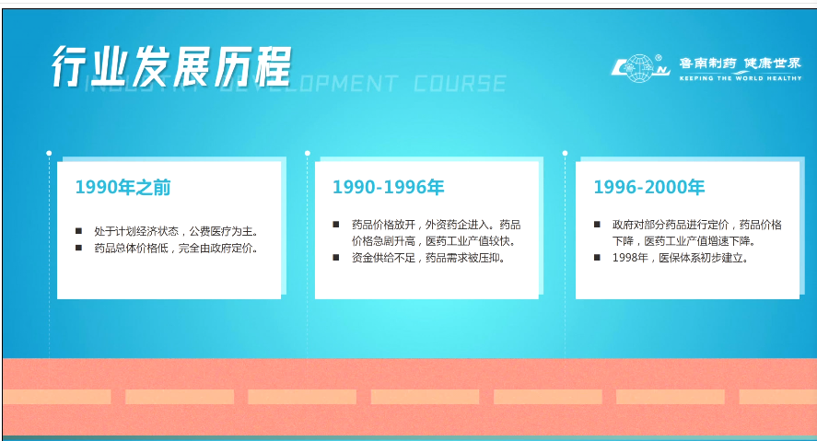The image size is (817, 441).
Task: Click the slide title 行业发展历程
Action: pyautogui.click(x=171, y=66)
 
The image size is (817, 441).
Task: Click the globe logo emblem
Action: pyautogui.click(x=640, y=68)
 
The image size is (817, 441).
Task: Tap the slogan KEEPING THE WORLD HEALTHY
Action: pyautogui.click(x=741, y=78)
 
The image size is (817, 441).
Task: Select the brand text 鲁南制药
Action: pyautogui.click(x=707, y=63)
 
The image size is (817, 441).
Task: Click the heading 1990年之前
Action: pyautogui.click(x=123, y=187)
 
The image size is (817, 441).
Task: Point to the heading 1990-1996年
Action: pyautogui.click(x=388, y=187)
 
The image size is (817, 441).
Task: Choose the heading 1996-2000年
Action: pyautogui.click(x=649, y=187)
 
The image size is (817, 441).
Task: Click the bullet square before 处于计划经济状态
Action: pyautogui.click(x=78, y=231)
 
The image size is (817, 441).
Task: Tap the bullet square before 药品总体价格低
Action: pyautogui.click(x=78, y=248)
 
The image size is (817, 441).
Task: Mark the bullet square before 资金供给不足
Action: pyautogui.click(x=336, y=257)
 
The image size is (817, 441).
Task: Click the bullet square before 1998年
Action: pyautogui.click(x=597, y=257)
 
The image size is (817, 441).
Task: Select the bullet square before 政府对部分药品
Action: pyautogui.click(x=597, y=225)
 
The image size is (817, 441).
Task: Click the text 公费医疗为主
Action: pyautogui.click(x=220, y=231)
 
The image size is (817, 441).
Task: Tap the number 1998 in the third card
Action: pyautogui.click(x=624, y=258)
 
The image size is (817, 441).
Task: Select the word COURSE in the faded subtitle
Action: pyautogui.click(x=460, y=83)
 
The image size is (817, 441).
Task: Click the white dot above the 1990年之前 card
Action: pyautogui.click(x=49, y=153)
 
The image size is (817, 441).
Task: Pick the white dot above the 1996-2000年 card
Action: pyautogui.click(x=565, y=153)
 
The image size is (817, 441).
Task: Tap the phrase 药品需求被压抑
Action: pyautogui.click(x=462, y=258)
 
